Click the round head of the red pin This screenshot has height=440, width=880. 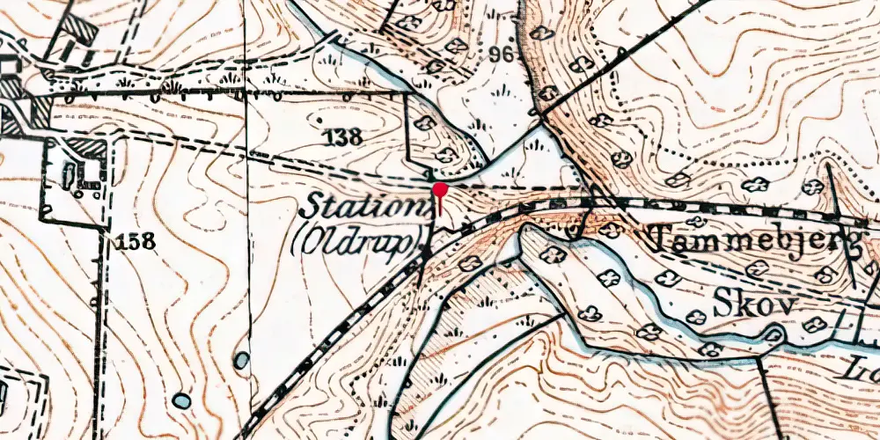(x=439, y=188)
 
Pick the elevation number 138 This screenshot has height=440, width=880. (x=342, y=136)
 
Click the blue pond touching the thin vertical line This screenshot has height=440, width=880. (x=241, y=360)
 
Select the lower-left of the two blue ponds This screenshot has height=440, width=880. (x=181, y=400)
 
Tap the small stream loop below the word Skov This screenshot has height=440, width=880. (x=774, y=334)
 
